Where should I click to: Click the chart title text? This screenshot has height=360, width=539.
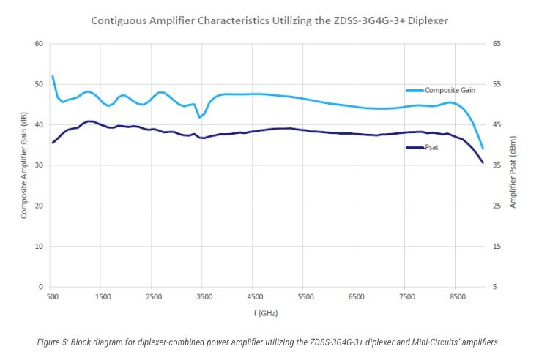point(269,20)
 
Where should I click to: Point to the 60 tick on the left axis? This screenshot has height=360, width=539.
point(39,44)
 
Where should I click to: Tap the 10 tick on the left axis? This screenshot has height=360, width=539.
point(39,247)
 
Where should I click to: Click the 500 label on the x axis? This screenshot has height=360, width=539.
point(52,298)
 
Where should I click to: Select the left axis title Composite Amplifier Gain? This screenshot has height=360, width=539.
point(24,165)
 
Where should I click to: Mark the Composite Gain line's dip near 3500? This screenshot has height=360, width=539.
point(199,117)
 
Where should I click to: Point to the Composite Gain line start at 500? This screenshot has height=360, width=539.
point(53,76)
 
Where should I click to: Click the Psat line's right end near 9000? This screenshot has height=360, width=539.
point(483,162)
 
